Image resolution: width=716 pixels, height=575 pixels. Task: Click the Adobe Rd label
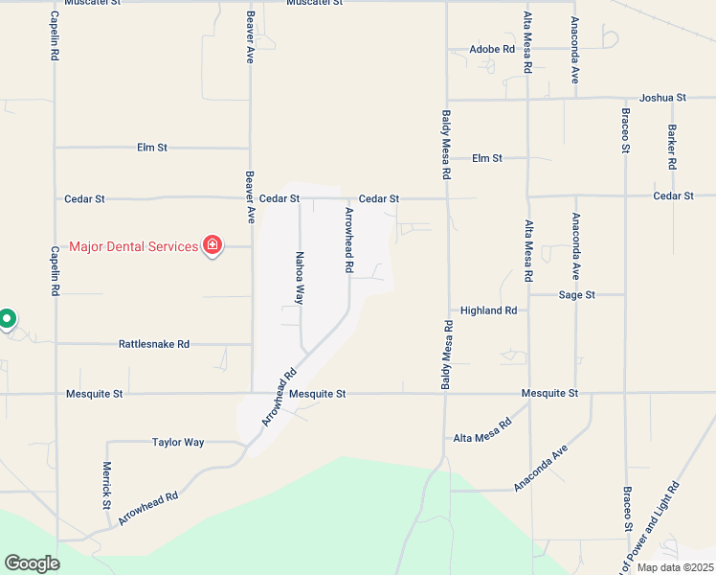click(x=492, y=49)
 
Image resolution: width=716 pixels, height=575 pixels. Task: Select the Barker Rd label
click(x=672, y=148)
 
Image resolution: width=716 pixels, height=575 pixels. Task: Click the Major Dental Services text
click(x=133, y=246)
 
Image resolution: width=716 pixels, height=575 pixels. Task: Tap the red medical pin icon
click(x=213, y=246)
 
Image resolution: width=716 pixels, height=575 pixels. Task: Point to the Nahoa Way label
click(x=300, y=277)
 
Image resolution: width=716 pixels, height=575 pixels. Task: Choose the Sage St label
click(x=577, y=295)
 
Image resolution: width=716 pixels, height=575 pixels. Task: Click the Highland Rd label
click(x=488, y=310)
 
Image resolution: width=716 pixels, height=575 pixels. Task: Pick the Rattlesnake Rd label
click(x=154, y=344)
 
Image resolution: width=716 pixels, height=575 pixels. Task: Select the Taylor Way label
click(x=178, y=443)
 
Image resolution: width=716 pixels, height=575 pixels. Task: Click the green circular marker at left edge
click(x=7, y=318)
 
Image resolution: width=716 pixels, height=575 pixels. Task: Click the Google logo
click(x=32, y=563)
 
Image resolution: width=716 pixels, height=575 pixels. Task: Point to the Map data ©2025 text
click(x=675, y=567)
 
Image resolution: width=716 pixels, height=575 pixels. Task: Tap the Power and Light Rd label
click(x=650, y=528)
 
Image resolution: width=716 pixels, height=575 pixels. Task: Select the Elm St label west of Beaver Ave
click(x=152, y=148)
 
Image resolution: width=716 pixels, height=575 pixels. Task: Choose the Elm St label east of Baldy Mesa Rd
click(x=487, y=158)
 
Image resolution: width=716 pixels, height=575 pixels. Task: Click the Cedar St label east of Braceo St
click(x=672, y=195)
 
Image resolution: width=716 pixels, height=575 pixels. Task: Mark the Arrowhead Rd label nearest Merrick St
click(x=148, y=509)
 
